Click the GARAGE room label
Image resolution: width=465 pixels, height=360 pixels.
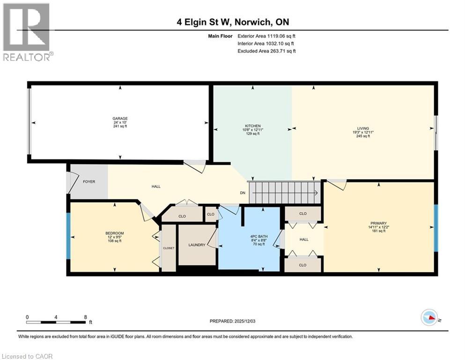(x=120, y=119)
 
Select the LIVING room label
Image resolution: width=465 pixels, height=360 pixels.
(x=363, y=128)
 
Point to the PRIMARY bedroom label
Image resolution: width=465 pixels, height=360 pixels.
(x=378, y=223)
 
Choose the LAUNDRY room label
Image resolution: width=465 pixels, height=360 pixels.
(x=197, y=245)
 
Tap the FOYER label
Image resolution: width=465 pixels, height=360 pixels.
(x=89, y=181)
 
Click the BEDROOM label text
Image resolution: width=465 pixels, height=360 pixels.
(x=114, y=233)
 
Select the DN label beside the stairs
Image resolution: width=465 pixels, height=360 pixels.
(x=243, y=193)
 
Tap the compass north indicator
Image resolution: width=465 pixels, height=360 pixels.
(x=429, y=318)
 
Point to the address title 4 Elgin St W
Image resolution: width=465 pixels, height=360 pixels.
(x=233, y=22)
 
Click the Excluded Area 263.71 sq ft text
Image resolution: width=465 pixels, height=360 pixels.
(x=267, y=51)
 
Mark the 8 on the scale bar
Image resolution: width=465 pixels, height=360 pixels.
(x=85, y=317)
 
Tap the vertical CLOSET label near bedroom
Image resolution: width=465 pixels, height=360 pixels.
(x=169, y=248)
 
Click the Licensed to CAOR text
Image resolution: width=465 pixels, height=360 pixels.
(x=28, y=356)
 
